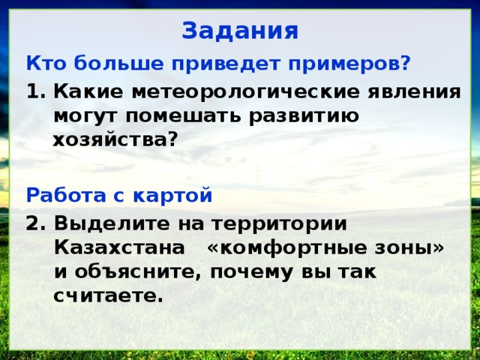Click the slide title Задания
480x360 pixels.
pos(240,31)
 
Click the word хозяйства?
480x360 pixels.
pos(115,139)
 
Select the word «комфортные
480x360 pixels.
pos(285,248)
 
